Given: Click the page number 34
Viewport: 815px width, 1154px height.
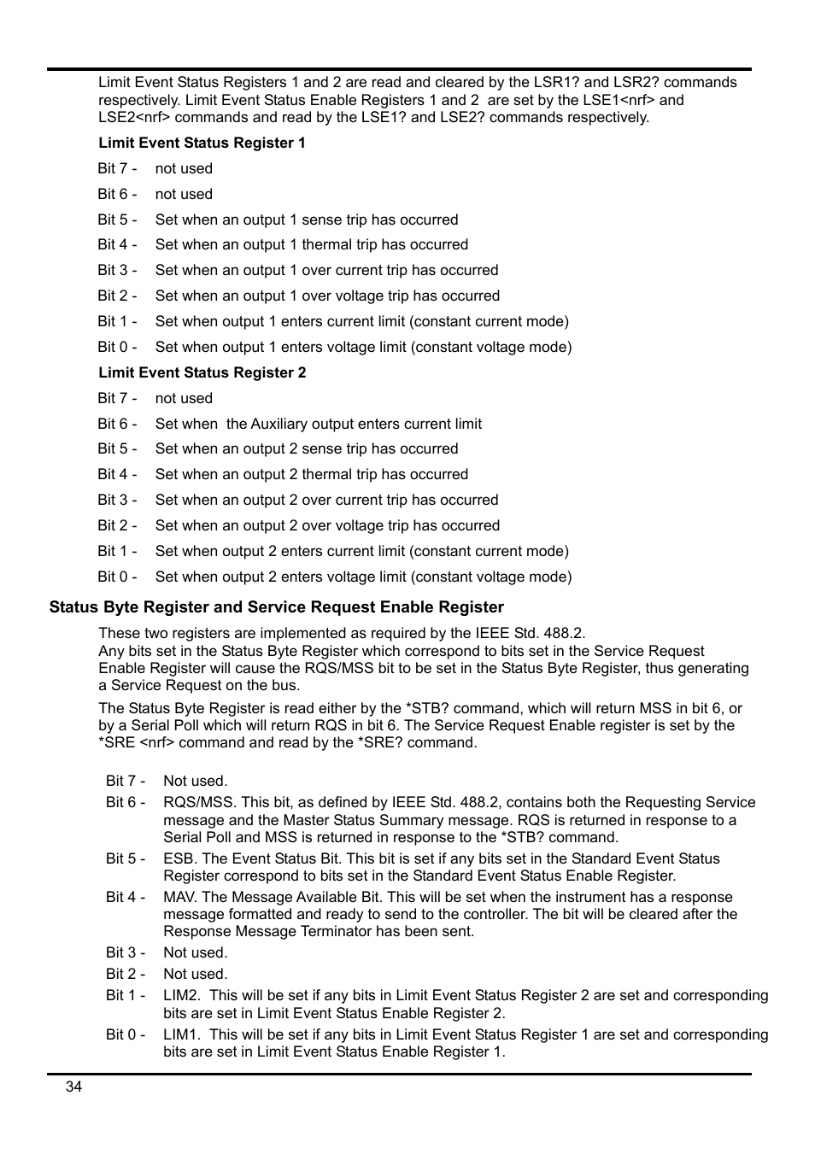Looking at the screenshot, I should [x=73, y=1087].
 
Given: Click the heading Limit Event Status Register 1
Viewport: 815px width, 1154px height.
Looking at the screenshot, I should [x=202, y=143].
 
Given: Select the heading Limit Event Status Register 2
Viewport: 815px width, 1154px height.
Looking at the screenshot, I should [x=202, y=372].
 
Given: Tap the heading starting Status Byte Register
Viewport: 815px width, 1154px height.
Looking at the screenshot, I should [x=276, y=607].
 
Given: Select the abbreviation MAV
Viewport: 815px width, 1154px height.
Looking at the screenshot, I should [x=180, y=897].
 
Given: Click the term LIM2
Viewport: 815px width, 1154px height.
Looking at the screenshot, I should [x=180, y=995].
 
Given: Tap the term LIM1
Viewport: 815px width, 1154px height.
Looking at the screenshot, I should [x=180, y=1034].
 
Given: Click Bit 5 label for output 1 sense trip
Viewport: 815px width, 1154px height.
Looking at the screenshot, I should [x=117, y=220].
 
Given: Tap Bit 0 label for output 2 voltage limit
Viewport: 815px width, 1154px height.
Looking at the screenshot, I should [x=117, y=577].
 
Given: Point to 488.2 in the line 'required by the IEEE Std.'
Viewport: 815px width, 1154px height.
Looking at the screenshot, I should [x=564, y=633].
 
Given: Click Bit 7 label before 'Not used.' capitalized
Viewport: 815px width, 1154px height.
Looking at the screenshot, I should [x=126, y=781].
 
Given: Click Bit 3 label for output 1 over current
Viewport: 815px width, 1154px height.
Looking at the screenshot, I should [x=117, y=270].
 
